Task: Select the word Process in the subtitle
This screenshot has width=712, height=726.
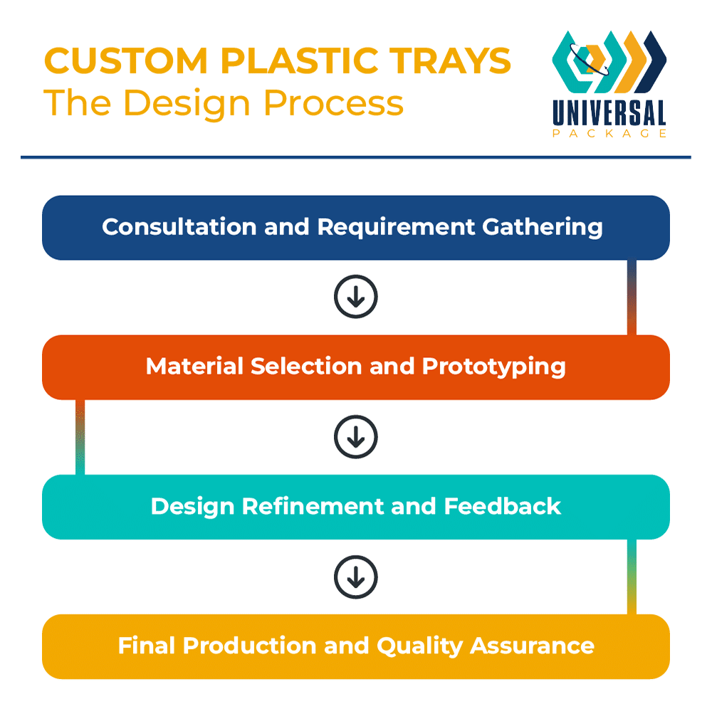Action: (x=333, y=102)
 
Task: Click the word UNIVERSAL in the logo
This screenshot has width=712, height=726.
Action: (x=609, y=114)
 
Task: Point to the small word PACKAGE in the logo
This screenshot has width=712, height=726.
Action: (x=609, y=133)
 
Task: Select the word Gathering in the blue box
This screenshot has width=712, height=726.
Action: (x=543, y=227)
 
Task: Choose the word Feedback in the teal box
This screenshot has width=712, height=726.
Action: (x=502, y=506)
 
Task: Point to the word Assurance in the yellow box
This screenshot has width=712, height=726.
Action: (x=532, y=646)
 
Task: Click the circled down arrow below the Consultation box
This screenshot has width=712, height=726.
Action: (x=355, y=297)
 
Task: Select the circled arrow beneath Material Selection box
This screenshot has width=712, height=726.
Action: (x=355, y=436)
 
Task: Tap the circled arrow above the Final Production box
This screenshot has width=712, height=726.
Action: (x=355, y=576)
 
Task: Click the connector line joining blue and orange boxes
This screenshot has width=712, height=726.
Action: (x=632, y=297)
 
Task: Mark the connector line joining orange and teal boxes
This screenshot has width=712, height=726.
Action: (x=80, y=437)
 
